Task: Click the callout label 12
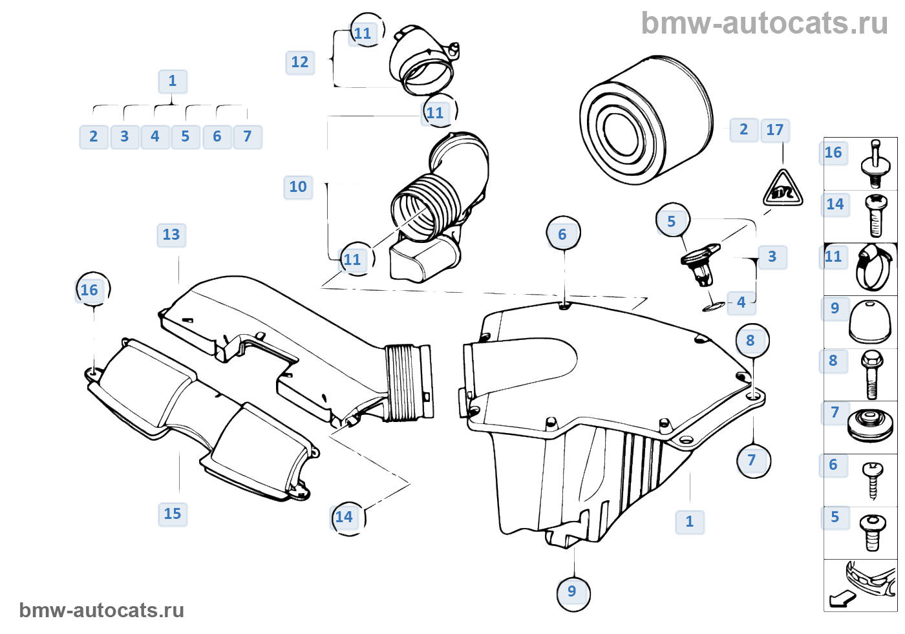click(300, 63)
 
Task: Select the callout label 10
click(298, 187)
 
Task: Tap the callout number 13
click(171, 235)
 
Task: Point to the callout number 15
click(173, 514)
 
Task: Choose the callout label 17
click(775, 131)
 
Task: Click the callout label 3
click(772, 257)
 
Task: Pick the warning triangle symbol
click(783, 189)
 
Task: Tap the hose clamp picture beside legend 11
click(873, 268)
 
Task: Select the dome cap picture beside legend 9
click(870, 321)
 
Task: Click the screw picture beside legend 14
click(875, 216)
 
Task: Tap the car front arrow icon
click(861, 584)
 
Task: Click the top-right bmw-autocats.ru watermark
click(764, 24)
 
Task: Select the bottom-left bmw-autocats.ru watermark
click(101, 611)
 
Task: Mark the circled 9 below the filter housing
click(573, 592)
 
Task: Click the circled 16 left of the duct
click(90, 290)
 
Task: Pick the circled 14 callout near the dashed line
click(345, 517)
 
